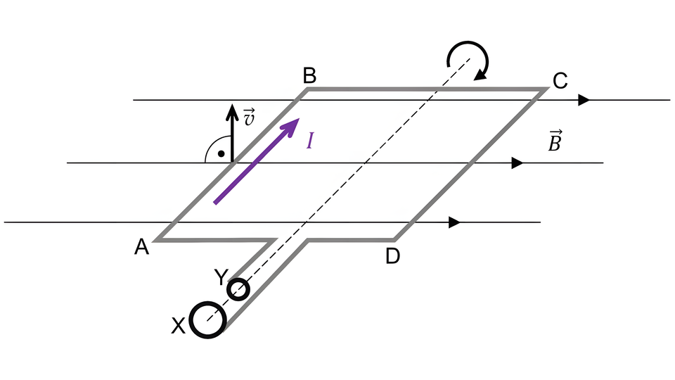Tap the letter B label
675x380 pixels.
[309, 75]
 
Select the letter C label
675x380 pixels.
[560, 82]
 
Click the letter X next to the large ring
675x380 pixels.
[179, 325]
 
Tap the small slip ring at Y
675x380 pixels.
[239, 289]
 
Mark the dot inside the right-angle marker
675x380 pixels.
[221, 153]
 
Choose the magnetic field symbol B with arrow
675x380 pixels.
[555, 141]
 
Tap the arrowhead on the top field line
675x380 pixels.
[584, 100]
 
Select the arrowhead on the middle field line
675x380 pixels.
[517, 163]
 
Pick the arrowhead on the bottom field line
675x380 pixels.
[454, 222]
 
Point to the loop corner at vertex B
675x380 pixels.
[307, 90]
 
